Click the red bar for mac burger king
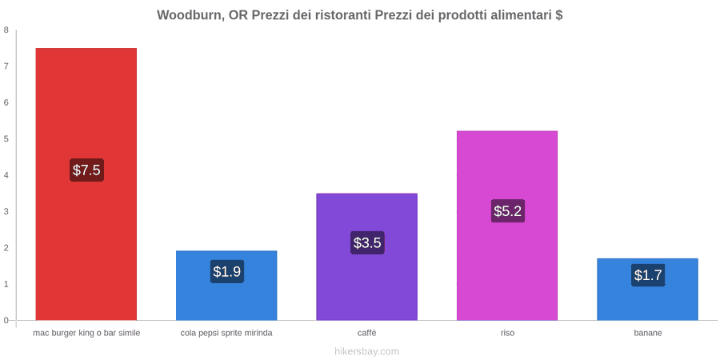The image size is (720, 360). (86, 184)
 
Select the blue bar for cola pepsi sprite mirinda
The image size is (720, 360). (226, 285)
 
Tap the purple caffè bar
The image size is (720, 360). (367, 257)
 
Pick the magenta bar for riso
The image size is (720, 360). (507, 226)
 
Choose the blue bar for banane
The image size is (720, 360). (647, 290)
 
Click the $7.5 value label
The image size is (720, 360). (86, 170)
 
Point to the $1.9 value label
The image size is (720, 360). (227, 271)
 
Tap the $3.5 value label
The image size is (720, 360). (367, 242)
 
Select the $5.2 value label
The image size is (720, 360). (508, 211)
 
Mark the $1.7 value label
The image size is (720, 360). (648, 275)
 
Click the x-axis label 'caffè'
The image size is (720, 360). (367, 333)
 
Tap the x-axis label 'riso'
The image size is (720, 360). (507, 333)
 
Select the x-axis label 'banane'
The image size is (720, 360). (648, 333)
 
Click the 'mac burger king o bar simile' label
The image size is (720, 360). (86, 333)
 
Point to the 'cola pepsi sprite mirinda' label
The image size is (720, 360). (226, 333)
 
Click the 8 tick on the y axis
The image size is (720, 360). (6, 30)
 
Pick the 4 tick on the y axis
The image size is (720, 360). (6, 175)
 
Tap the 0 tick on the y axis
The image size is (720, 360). (6, 321)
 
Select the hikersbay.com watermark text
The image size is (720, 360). (366, 351)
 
